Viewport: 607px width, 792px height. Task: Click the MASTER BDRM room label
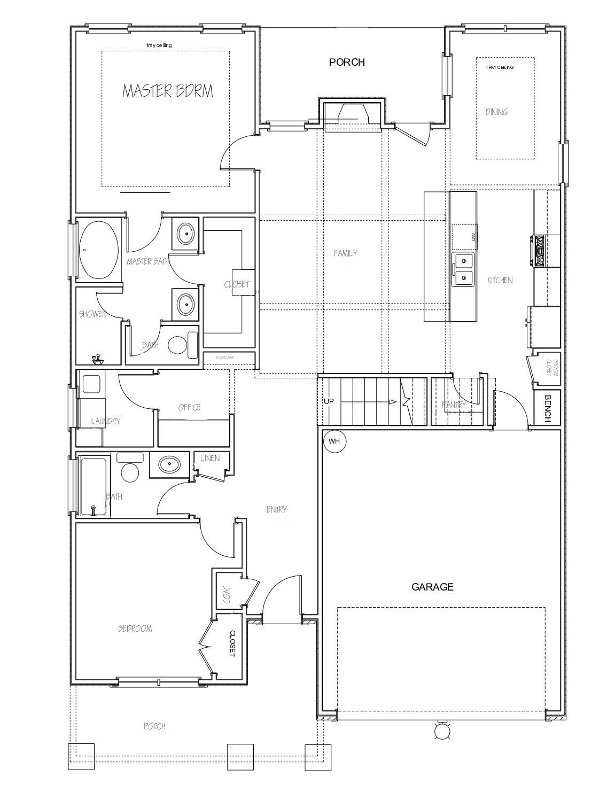coord(168,91)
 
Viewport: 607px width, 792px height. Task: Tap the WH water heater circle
coord(334,441)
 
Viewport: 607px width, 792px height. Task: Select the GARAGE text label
coord(432,587)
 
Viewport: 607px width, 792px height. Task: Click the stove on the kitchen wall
coord(538,251)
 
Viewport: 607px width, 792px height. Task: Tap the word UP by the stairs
coord(329,401)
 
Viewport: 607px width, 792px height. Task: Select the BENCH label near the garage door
coord(547,409)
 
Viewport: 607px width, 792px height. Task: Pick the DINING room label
coord(496,112)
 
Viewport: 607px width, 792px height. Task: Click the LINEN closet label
coord(209,459)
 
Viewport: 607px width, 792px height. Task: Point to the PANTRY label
coord(454,405)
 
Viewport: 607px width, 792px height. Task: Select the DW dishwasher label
coord(473,237)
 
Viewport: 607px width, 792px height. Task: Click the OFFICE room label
coord(189,407)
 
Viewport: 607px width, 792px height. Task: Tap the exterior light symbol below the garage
coord(442,731)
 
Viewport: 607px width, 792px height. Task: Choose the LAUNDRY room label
coord(105,421)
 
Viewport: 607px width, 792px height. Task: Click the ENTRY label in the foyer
coord(277,509)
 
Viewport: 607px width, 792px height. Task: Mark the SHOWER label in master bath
coord(93,314)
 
